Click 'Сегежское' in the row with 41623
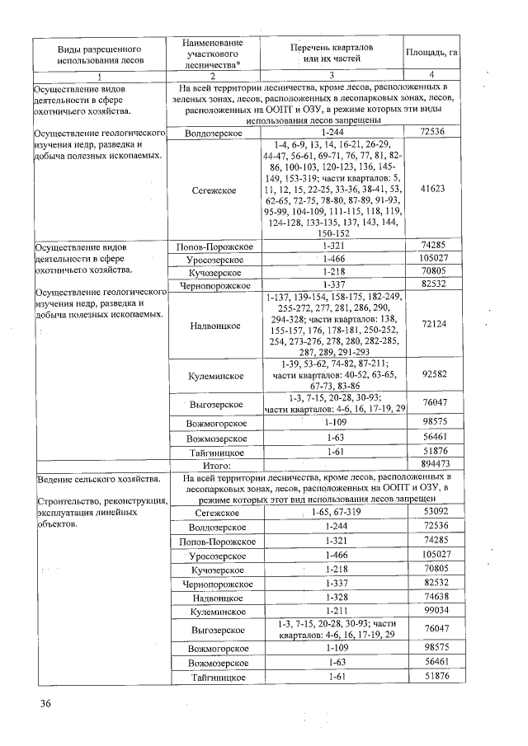coord(214,190)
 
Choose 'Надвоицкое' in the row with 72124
coord(214,326)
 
